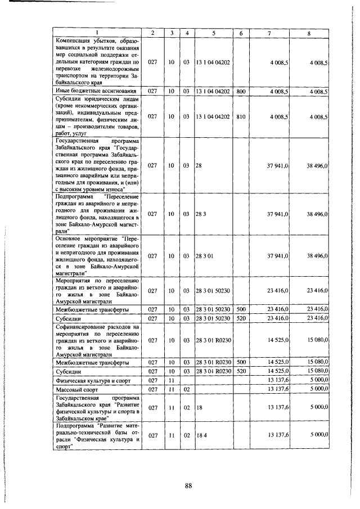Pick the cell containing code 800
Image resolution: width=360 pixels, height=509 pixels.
(x=241, y=91)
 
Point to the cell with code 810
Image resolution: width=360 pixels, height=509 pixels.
(x=241, y=116)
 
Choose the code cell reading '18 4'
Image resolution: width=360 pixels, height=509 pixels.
(x=200, y=435)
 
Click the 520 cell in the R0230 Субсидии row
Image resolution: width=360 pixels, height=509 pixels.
(x=241, y=371)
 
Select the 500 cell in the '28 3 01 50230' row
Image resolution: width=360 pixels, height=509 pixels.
(x=241, y=309)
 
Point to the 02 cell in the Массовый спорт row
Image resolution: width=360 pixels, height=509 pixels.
(x=186, y=389)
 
